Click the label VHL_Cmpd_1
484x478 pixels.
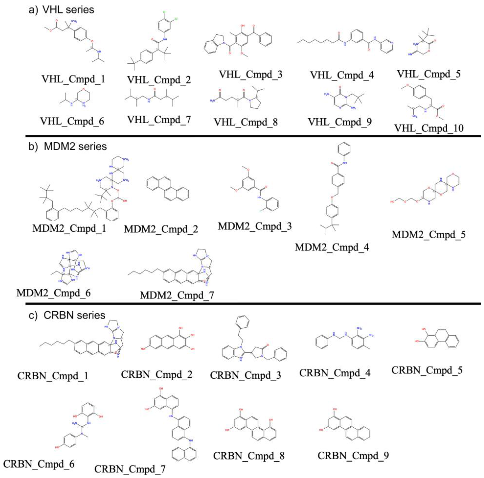(73, 79)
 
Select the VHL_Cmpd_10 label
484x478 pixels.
(429, 128)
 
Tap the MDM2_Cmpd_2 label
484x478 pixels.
(161, 229)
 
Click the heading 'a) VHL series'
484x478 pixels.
(61, 10)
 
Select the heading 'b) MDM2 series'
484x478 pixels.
(68, 147)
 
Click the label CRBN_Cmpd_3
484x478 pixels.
(246, 375)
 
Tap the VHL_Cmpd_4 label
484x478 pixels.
(342, 75)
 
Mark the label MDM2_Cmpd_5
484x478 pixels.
(429, 235)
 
